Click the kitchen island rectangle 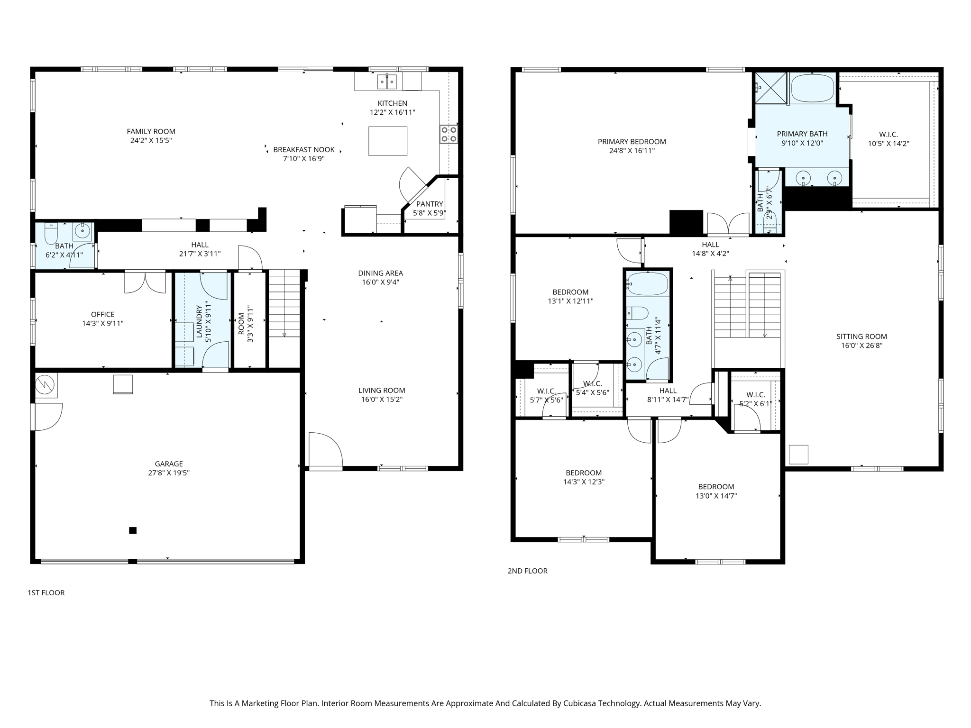[x=387, y=141]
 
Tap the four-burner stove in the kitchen [x=448, y=134]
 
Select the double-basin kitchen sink [x=387, y=82]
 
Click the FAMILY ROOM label [x=151, y=131]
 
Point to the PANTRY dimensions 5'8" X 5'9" [x=429, y=213]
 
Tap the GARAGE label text [x=168, y=464]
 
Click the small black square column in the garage [x=133, y=530]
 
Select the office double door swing [x=145, y=282]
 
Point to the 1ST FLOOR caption [x=46, y=592]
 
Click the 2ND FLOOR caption [x=527, y=571]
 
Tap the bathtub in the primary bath [x=812, y=88]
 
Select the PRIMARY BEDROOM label [x=632, y=141]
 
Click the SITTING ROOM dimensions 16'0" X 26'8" [x=861, y=346]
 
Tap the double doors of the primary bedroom [x=728, y=224]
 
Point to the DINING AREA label [x=380, y=273]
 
